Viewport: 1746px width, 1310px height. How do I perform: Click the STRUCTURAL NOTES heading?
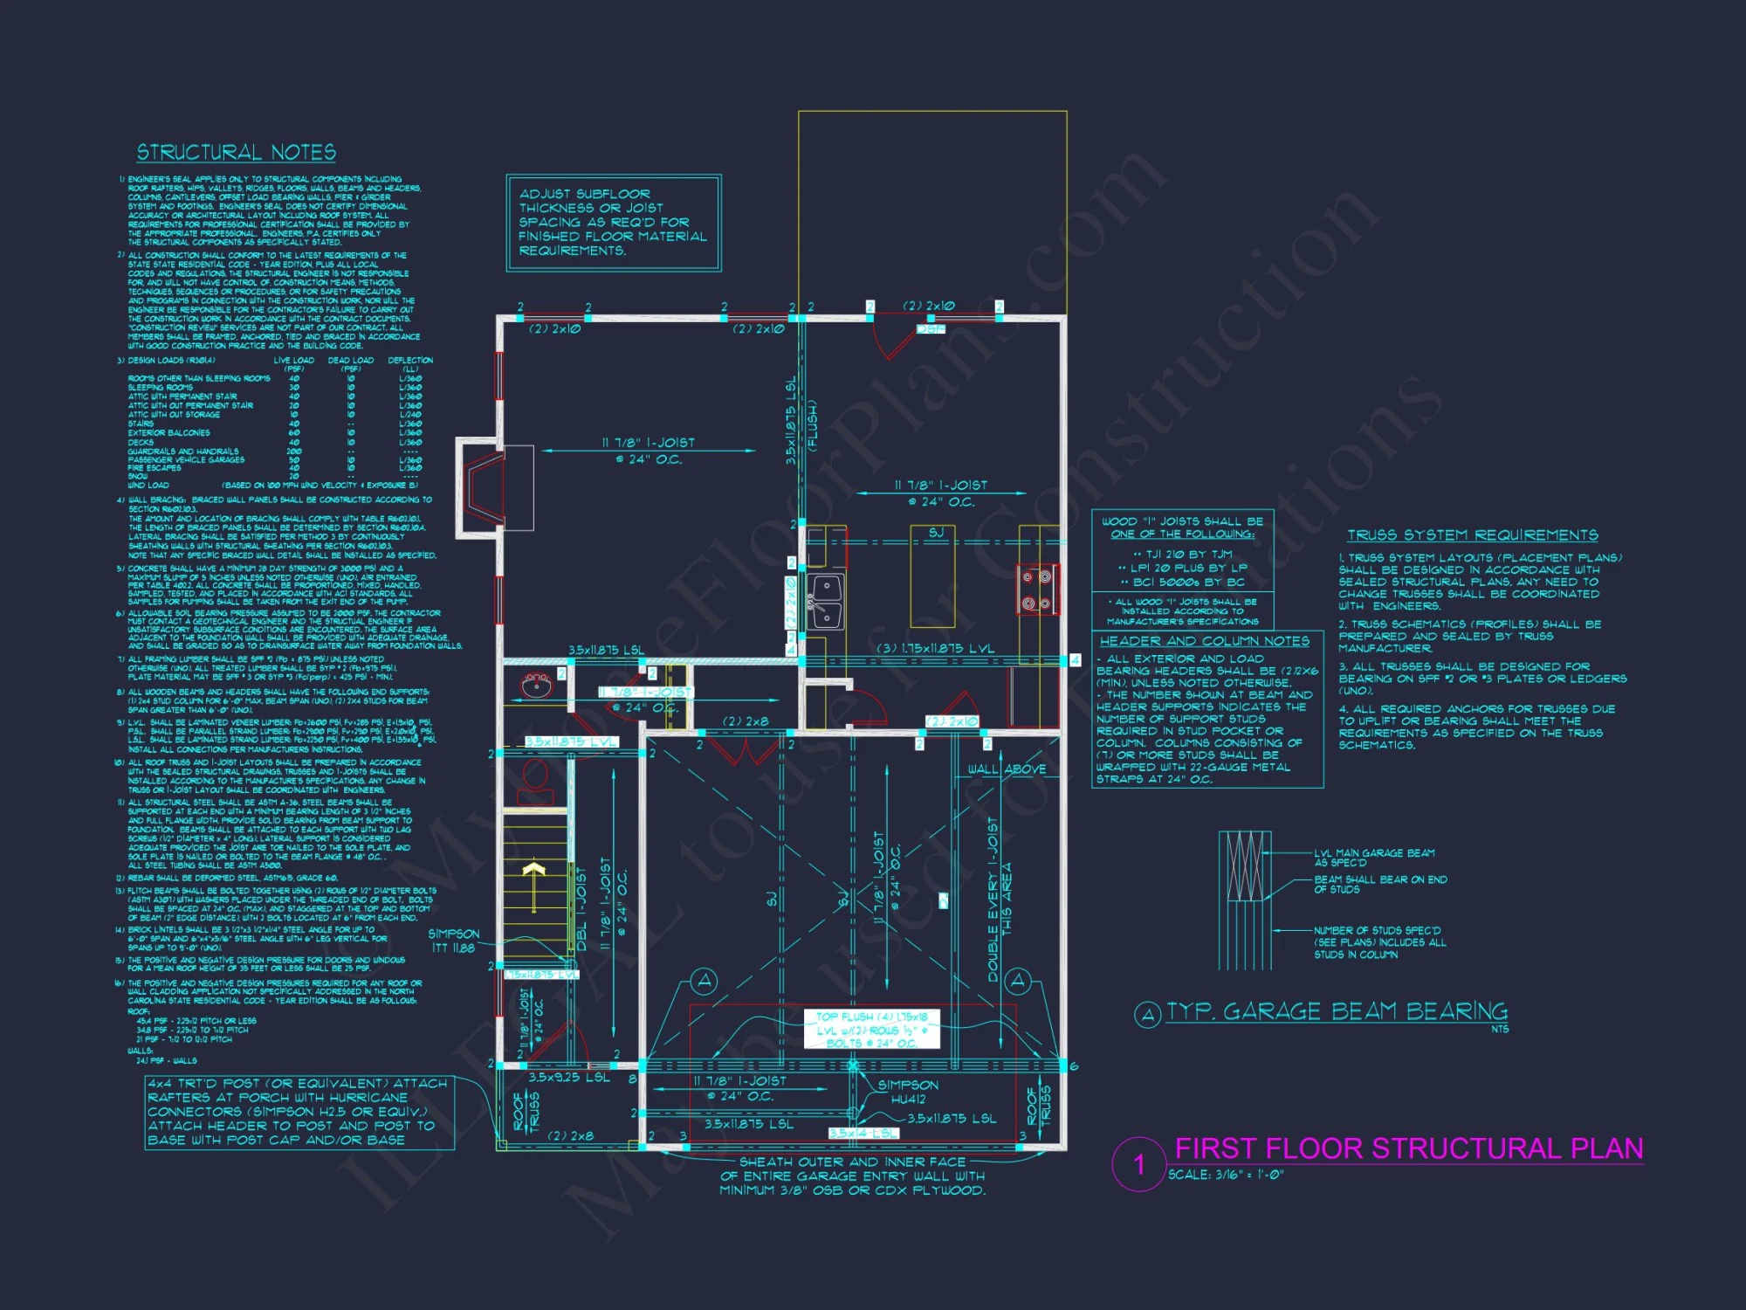pos(236,153)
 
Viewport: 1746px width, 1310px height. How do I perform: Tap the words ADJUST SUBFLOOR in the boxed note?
pos(584,194)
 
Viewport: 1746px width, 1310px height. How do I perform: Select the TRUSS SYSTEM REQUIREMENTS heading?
pos(1472,535)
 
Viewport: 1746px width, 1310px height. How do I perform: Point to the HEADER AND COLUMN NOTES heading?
pos(1204,641)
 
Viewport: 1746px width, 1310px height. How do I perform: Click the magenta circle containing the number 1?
pos(1138,1164)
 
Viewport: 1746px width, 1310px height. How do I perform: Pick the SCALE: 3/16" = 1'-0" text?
pos(1226,1176)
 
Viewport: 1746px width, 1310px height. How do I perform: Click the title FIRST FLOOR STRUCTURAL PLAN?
pos(1408,1148)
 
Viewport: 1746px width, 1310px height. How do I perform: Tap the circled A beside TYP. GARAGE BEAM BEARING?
pos(1147,1014)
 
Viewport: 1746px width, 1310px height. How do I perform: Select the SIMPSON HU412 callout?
pos(908,1093)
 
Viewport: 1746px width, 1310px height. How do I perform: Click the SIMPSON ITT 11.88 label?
pos(453,941)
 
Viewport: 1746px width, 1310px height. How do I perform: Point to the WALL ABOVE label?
pos(1007,769)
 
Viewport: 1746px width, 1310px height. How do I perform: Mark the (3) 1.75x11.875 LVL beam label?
pos(935,649)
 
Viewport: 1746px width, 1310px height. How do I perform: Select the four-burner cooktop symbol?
pos(1037,589)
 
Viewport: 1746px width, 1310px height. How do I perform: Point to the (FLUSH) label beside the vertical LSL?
pos(812,425)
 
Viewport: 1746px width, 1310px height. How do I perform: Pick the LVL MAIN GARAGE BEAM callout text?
pos(1374,858)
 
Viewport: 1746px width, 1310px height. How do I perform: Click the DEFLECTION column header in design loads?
pos(410,360)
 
